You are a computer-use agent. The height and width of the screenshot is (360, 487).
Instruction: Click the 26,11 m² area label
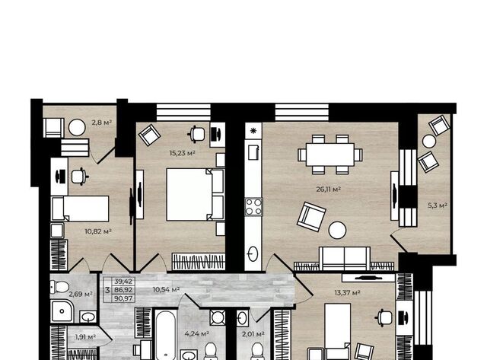point(329,190)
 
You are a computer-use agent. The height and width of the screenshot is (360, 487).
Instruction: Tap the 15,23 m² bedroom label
point(183,153)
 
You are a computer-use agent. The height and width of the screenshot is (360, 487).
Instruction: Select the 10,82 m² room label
point(98,231)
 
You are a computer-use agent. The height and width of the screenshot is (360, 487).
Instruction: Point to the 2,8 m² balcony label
point(101,123)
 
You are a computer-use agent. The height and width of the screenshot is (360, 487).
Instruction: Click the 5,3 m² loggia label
point(438,205)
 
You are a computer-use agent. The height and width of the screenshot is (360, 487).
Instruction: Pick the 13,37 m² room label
point(347,292)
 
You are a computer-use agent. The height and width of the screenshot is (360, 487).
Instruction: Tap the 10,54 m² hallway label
point(166,290)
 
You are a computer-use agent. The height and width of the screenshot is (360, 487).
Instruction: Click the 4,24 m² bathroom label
point(197,334)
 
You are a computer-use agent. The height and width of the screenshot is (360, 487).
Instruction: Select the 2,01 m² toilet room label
point(253,334)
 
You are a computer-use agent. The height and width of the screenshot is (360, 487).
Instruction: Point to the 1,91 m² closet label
point(85,336)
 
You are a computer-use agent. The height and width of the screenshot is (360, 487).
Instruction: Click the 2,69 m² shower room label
point(81,294)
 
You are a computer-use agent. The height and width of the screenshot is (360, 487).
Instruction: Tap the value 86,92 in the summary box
point(123,290)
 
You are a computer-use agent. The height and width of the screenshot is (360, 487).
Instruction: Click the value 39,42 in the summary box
point(123,282)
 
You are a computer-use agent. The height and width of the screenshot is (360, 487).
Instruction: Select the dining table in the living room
point(329,155)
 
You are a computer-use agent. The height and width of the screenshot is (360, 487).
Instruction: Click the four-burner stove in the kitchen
point(253,207)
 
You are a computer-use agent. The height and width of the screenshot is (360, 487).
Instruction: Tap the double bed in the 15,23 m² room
point(195,194)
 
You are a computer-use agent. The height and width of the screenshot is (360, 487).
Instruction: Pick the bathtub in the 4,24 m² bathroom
point(166,335)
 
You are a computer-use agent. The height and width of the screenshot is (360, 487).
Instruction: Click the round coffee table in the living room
point(337,230)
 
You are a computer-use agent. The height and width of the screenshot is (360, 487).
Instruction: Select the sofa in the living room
point(345,259)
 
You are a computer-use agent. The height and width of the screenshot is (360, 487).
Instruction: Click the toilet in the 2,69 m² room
point(59,287)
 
